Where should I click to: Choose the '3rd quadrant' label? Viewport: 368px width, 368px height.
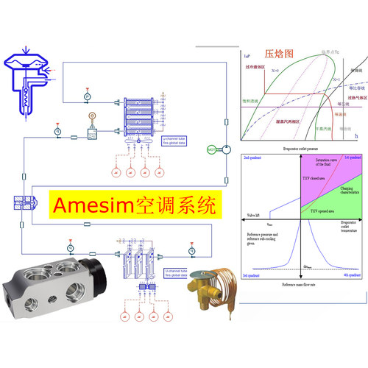(255, 275)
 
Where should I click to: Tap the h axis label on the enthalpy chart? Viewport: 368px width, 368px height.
(356, 137)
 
